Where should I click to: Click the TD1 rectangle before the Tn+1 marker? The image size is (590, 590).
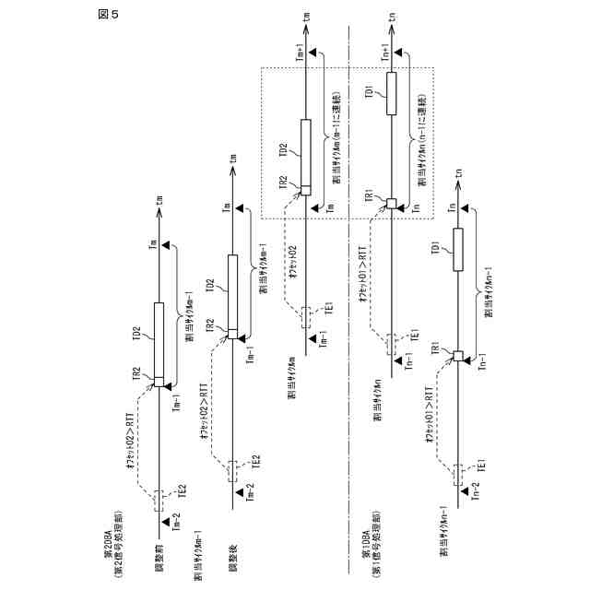(390, 94)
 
